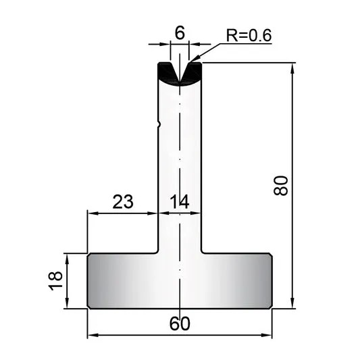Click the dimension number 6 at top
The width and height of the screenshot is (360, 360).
tap(180, 33)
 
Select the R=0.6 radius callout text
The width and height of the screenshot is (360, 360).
tap(249, 35)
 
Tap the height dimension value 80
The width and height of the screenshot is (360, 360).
tap(280, 186)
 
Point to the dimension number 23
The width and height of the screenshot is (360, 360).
tap(123, 201)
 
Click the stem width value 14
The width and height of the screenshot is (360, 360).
tap(180, 201)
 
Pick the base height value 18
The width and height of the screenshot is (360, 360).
tap(55, 281)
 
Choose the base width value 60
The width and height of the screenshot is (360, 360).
tap(180, 324)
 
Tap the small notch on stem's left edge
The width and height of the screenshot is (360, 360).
tap(159, 124)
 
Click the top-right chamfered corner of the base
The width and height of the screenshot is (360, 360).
tap(271, 255)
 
